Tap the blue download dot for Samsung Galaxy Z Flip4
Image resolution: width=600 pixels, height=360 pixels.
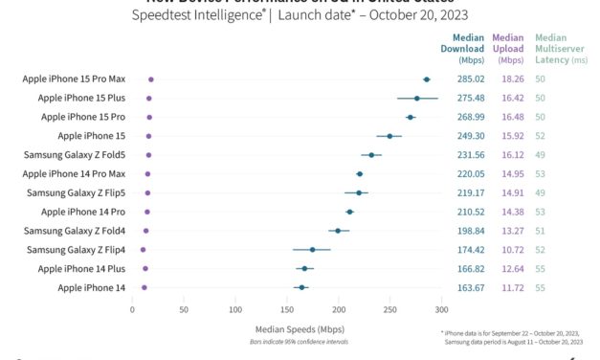312,249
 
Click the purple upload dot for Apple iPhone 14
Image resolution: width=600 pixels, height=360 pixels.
144,286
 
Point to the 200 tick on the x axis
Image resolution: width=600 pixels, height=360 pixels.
338,310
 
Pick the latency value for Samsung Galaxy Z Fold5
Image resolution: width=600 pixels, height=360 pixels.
541,154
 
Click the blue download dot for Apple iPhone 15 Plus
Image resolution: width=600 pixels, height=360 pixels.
417,98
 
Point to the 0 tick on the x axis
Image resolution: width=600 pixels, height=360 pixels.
132,310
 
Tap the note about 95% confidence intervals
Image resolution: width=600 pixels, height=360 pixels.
286,341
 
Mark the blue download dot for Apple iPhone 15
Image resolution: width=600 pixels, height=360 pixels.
389,136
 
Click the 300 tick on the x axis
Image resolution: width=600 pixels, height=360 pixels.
441,310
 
